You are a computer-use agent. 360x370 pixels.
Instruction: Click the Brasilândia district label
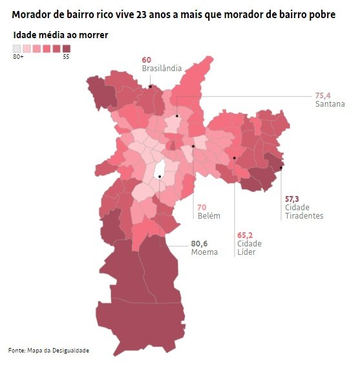[x=162, y=69]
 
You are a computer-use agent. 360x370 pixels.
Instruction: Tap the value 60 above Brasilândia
[x=147, y=60]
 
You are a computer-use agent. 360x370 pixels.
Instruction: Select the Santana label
[x=330, y=104]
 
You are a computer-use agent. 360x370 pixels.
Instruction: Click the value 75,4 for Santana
[x=323, y=96]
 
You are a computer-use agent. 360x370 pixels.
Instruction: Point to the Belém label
[x=209, y=215]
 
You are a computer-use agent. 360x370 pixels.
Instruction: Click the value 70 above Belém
[x=202, y=208]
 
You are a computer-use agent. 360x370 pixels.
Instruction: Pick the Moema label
[x=204, y=252]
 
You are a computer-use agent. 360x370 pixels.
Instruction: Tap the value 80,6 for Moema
[x=199, y=243]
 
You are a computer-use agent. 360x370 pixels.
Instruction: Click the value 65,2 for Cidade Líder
[x=245, y=235]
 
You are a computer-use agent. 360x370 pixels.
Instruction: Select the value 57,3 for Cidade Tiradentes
[x=292, y=199]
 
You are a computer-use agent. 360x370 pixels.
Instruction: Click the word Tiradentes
[x=304, y=215]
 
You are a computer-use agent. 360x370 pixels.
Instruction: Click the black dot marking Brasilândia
[x=150, y=87]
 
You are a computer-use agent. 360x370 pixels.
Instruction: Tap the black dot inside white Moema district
[x=160, y=177]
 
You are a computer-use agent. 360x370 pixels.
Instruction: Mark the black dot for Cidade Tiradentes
[x=281, y=168]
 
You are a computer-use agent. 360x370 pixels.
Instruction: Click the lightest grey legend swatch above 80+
[x=17, y=49]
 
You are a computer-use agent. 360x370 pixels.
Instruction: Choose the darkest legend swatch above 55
[x=67, y=49]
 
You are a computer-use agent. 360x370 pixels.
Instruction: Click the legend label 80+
[x=18, y=57]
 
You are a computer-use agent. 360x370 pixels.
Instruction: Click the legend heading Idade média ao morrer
[x=61, y=35]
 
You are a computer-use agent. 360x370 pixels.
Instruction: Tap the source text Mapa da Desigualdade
[x=58, y=351]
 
